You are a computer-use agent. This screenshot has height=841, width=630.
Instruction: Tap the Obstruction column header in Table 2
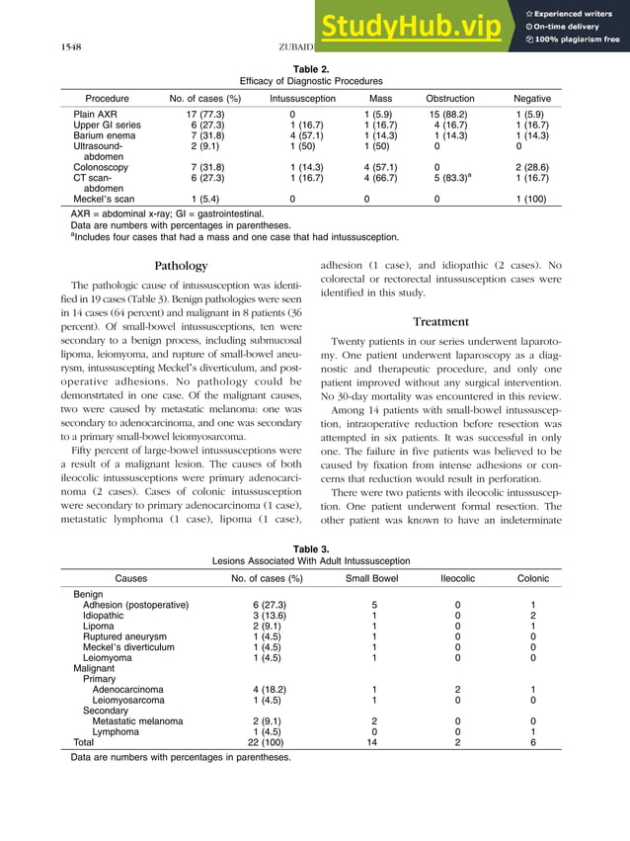pos(449,99)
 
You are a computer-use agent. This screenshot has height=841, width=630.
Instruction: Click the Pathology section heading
pos(182,266)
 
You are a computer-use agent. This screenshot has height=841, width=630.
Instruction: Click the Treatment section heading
pos(440,322)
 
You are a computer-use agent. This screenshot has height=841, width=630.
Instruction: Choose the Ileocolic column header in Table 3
pos(456,578)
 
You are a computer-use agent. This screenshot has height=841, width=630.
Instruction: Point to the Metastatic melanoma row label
pos(137,721)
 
